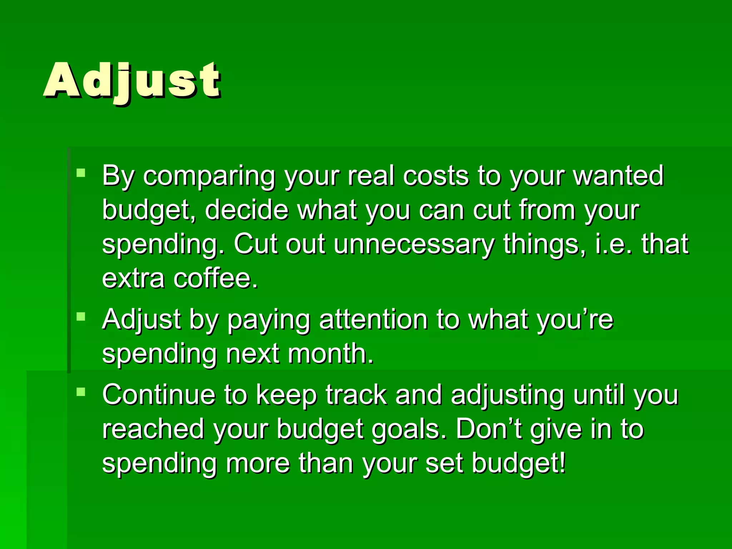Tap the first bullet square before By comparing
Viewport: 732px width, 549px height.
click(81, 173)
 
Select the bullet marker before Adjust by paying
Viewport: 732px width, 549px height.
click(81, 316)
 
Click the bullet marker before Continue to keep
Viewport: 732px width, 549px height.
click(81, 392)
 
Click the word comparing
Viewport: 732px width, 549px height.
click(209, 176)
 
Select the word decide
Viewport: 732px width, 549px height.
click(246, 210)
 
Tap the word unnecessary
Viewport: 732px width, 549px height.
click(414, 244)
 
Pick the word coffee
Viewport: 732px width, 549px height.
click(215, 278)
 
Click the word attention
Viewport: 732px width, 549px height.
click(373, 319)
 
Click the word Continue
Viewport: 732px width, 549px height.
click(158, 395)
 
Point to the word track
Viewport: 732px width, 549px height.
click(356, 395)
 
